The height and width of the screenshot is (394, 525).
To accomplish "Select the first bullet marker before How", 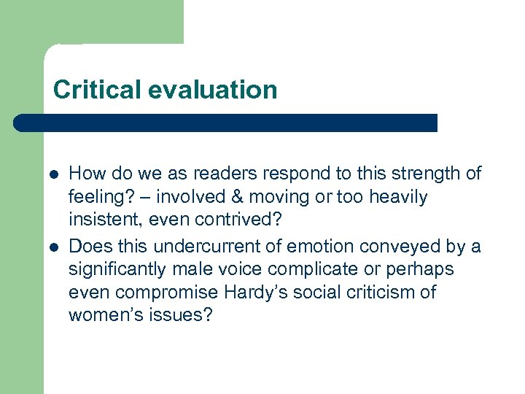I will (54, 174).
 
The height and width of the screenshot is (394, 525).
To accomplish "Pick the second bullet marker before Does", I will (54, 247).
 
